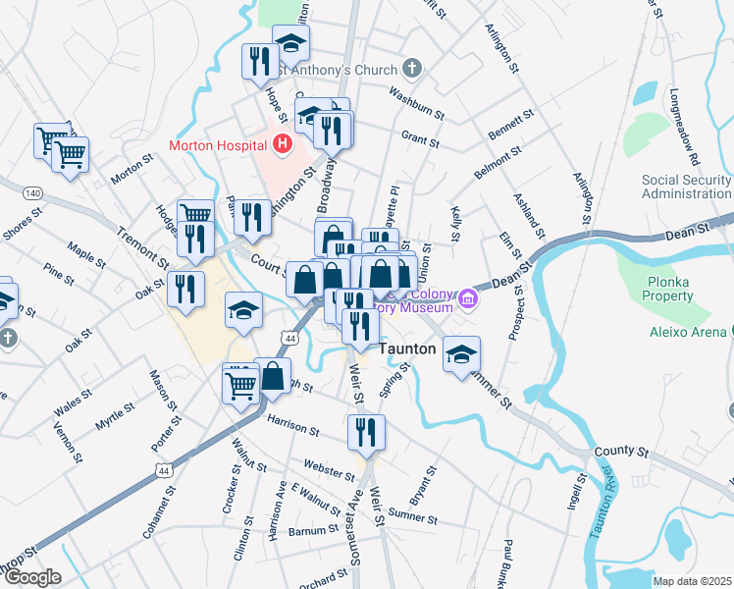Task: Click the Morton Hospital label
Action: [219, 145]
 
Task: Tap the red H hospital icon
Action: [284, 145]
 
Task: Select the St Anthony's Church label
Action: [336, 70]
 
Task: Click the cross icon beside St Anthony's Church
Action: [413, 69]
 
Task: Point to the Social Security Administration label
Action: [686, 187]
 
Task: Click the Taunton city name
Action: [407, 348]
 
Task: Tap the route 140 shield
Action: [33, 192]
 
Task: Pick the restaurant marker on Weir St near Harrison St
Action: [366, 433]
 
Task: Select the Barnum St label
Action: [314, 531]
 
